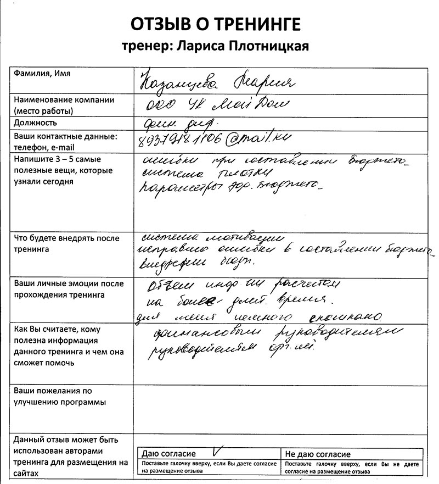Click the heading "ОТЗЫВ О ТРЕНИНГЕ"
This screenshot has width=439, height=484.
click(x=216, y=24)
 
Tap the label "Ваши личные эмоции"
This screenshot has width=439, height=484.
click(x=69, y=284)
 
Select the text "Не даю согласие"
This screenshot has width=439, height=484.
click(x=317, y=454)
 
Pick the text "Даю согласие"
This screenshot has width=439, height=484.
click(x=168, y=454)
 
